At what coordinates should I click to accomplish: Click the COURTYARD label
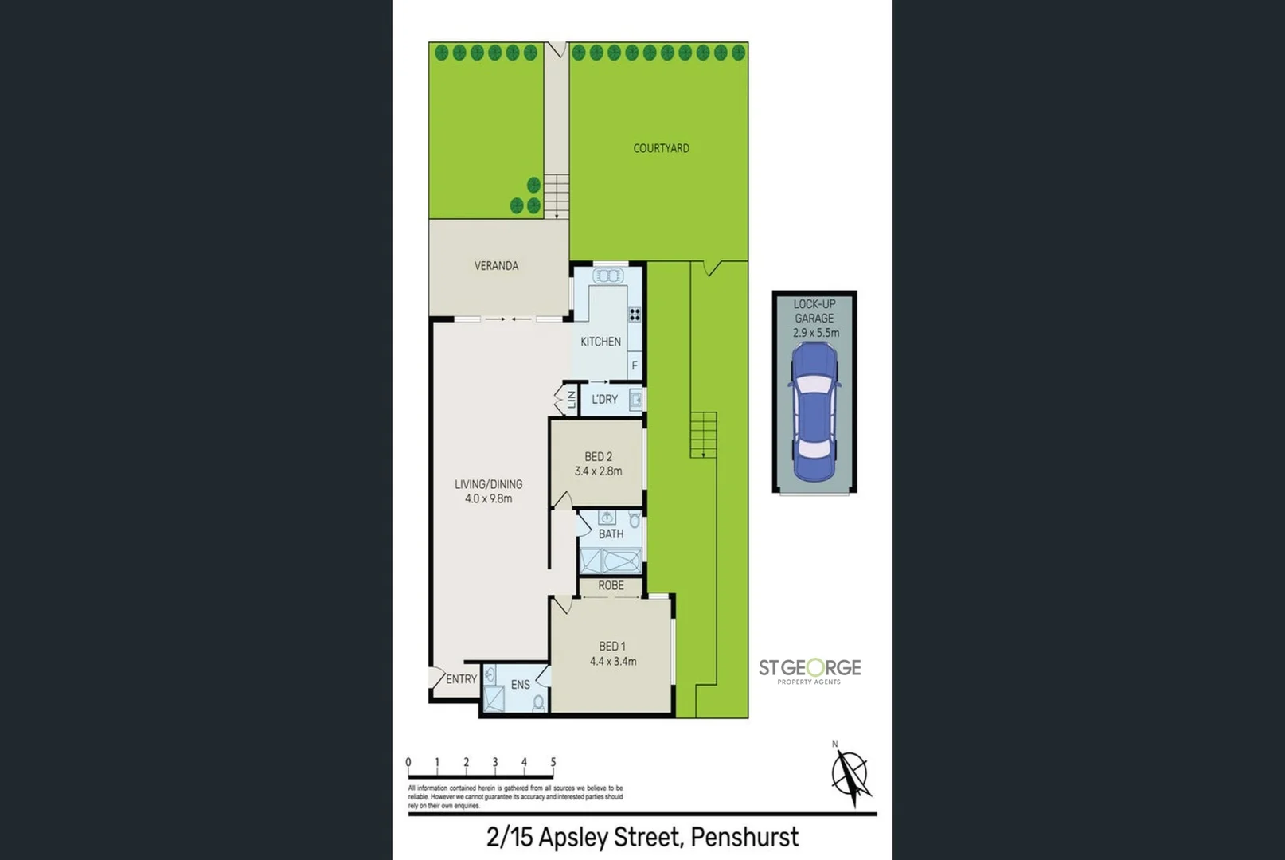pyautogui.click(x=661, y=148)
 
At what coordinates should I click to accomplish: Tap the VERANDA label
pyautogui.click(x=496, y=266)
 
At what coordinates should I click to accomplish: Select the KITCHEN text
pyautogui.click(x=600, y=342)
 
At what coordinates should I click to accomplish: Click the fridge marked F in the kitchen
pyautogui.click(x=635, y=365)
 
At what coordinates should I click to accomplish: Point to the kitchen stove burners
pyautogui.click(x=635, y=315)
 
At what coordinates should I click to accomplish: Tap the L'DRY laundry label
pyautogui.click(x=604, y=399)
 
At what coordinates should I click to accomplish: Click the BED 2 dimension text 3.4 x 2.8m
pyautogui.click(x=598, y=471)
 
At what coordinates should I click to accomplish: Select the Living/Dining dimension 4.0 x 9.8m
pyautogui.click(x=488, y=499)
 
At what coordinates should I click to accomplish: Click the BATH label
pyautogui.click(x=611, y=534)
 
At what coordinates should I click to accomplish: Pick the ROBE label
pyautogui.click(x=611, y=585)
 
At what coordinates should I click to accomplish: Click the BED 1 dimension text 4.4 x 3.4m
pyautogui.click(x=612, y=661)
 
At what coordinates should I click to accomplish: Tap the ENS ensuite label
pyautogui.click(x=520, y=685)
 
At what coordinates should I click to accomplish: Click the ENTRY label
pyautogui.click(x=461, y=679)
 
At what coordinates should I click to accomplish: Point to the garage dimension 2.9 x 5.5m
pyautogui.click(x=815, y=333)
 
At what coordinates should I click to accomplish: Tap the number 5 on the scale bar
pyautogui.click(x=553, y=762)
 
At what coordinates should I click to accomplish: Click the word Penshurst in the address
pyautogui.click(x=744, y=838)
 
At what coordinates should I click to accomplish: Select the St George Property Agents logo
pyautogui.click(x=809, y=670)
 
